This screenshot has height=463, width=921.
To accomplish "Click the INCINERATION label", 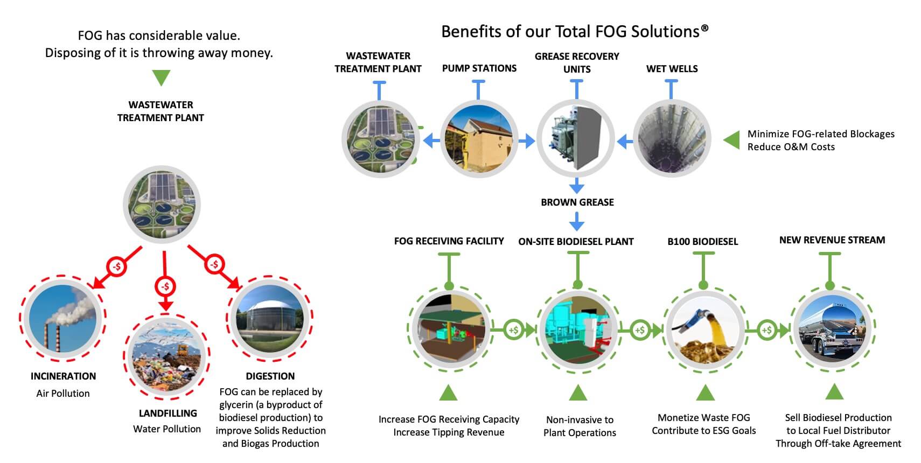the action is coord(64,376).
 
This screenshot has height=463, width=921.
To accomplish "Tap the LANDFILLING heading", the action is coord(168,413).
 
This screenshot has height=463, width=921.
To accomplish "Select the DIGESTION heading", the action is coord(270,376).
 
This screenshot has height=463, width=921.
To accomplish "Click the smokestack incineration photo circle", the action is coord(62,318).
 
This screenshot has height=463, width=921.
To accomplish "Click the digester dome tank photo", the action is coord(270,318).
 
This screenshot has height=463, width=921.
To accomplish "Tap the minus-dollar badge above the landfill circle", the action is coord(165,286).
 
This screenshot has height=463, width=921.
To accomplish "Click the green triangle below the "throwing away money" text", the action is coord(161,78).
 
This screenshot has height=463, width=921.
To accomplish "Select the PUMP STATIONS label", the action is coord(479,68).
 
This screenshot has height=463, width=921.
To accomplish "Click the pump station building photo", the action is coord(479,139).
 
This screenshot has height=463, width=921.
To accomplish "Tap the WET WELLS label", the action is coord(672,68).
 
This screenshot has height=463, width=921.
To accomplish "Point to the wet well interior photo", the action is coord(672,139).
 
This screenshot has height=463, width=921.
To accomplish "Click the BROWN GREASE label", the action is coord(577,202).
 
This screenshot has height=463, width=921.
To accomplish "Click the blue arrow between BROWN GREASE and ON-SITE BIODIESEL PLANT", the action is coord(577,221).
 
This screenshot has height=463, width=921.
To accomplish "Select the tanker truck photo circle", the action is coord(832,328).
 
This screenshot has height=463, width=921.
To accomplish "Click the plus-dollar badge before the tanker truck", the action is coord(767,330).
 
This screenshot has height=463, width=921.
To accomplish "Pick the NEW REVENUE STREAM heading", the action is coord(832,240).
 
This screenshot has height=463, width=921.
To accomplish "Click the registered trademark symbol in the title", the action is coord(704,28).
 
